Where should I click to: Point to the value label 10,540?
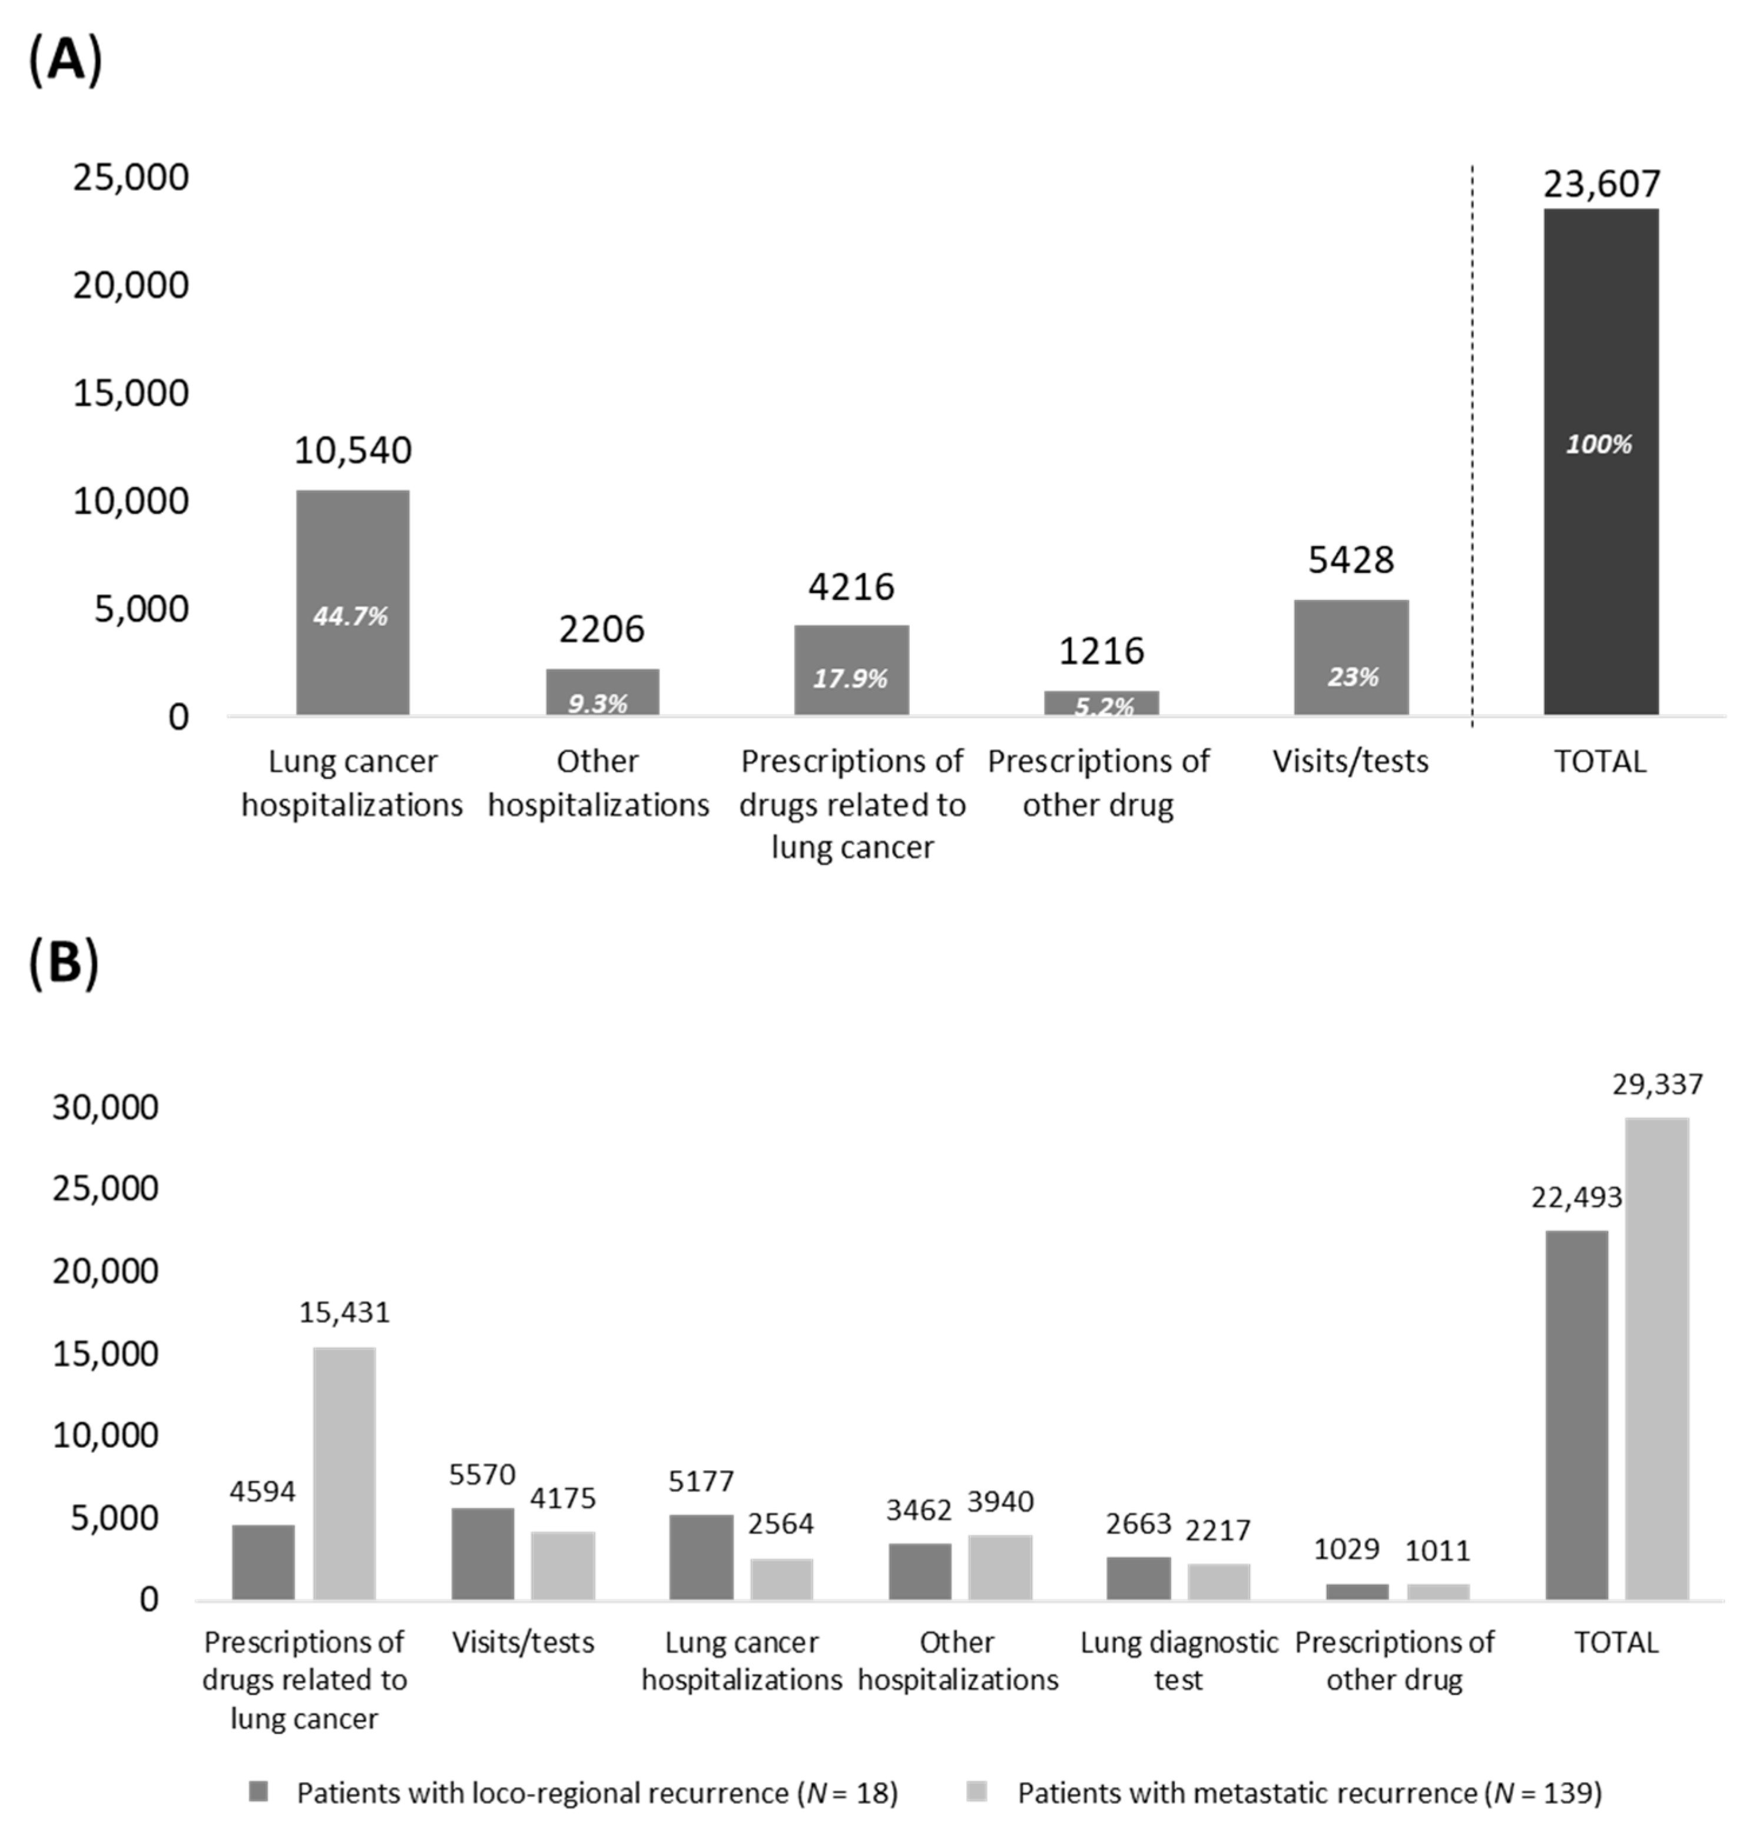(352, 450)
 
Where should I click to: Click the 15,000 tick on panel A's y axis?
(131, 392)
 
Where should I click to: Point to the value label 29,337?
(1657, 1085)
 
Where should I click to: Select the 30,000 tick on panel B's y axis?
(105, 1108)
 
